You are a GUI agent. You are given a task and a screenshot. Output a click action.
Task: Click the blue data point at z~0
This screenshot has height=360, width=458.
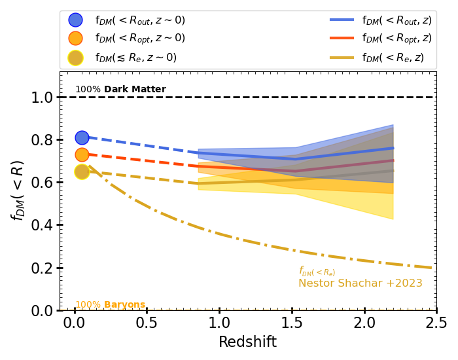tap(82, 137)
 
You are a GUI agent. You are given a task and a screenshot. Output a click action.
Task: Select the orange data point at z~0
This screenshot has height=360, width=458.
tap(82, 154)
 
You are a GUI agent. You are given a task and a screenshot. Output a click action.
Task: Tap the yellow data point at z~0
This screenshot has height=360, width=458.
tap(82, 171)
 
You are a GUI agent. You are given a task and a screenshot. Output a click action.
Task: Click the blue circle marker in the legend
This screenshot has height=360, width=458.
tap(75, 20)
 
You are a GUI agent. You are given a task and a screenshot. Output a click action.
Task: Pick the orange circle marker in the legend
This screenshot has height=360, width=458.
tap(75, 39)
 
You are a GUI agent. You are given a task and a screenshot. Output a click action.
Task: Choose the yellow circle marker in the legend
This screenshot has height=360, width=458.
tap(75, 58)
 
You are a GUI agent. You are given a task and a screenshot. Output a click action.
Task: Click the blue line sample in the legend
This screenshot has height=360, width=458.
tap(342, 20)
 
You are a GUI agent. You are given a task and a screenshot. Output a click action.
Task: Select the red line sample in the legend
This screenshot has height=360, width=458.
tap(342, 39)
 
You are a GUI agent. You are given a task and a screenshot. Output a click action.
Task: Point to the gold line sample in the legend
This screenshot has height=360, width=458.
tap(342, 58)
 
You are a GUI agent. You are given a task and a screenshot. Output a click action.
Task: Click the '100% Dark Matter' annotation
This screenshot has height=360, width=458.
tap(120, 90)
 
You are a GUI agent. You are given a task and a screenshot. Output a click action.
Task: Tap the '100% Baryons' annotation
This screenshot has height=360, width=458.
tap(110, 305)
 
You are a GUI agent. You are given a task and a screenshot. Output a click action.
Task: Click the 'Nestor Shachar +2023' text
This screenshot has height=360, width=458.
tap(361, 283)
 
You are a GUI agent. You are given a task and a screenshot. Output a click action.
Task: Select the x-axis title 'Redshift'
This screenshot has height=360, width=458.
tap(247, 342)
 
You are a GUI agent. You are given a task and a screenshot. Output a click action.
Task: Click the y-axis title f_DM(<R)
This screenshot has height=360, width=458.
tap(18, 190)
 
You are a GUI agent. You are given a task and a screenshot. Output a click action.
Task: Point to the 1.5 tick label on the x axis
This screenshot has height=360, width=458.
tap(291, 323)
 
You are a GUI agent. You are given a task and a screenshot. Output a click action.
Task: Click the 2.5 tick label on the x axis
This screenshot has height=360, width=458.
tap(436, 323)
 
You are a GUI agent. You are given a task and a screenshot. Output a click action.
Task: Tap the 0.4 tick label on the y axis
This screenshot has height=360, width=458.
tap(43, 225)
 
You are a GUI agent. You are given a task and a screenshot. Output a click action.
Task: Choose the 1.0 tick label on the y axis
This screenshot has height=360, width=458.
tap(43, 98)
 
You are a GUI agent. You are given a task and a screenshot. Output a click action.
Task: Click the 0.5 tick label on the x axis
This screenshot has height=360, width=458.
tap(147, 323)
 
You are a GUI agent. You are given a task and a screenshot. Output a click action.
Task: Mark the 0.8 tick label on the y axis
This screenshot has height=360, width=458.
tap(43, 140)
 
